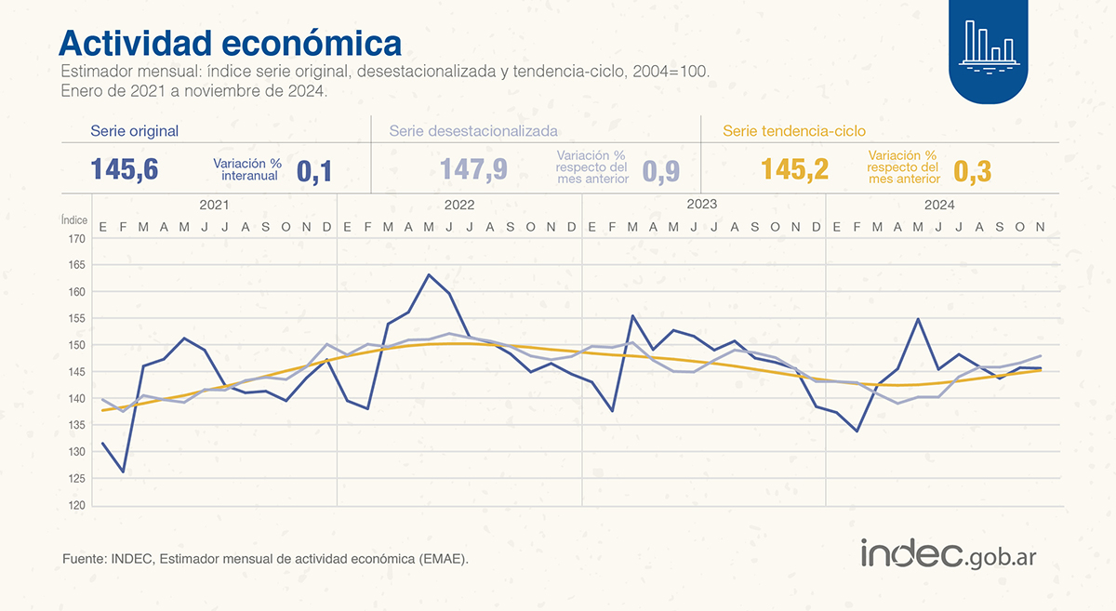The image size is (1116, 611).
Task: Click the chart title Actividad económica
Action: point(231,43)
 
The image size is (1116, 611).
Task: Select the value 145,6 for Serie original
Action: point(125,169)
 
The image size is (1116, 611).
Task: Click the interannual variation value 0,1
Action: point(314,170)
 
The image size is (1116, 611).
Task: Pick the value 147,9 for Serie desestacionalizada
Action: point(473,169)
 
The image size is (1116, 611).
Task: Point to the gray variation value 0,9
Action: point(661,170)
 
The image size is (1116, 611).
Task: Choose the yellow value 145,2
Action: point(794,169)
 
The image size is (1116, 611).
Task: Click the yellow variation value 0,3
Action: point(975,170)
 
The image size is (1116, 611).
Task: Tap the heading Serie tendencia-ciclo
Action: point(794,131)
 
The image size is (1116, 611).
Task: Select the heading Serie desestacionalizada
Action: point(473,131)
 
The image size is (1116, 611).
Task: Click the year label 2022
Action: point(459,205)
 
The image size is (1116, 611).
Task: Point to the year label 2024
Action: point(945,205)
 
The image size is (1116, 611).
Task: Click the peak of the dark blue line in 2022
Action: point(429,274)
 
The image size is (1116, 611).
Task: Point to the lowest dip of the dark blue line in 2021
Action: point(123,472)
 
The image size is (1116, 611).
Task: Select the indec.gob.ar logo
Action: point(948,554)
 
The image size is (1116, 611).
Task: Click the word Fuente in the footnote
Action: point(83,558)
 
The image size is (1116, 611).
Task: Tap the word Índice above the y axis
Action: point(74,220)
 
